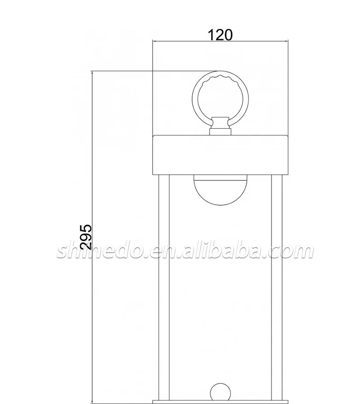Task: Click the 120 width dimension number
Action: tap(220, 35)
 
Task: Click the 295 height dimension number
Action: tap(86, 237)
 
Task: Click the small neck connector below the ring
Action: tap(220, 126)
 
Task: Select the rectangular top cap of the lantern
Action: tap(220, 155)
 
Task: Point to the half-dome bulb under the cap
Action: tap(220, 190)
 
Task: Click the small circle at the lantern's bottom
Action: tap(220, 392)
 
